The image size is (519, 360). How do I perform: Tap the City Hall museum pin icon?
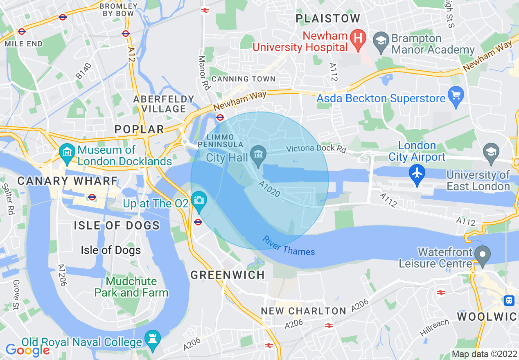click(258, 156)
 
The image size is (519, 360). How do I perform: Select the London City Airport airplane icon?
click(417, 174)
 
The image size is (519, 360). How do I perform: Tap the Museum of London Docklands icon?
click(67, 153)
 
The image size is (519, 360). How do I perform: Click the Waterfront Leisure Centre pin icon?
click(483, 254)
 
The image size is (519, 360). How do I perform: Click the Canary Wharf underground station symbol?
click(92, 197)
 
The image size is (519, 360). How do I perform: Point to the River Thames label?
click(289, 245)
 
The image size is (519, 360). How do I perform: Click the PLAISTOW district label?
click(328, 18)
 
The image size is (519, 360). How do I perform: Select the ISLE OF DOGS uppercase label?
click(117, 225)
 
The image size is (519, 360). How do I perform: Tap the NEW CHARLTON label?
click(304, 311)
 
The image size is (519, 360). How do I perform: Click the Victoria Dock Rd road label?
click(316, 148)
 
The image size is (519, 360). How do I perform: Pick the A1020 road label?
click(269, 189)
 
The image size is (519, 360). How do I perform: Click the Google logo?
click(27, 350)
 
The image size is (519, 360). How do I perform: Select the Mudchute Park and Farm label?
click(131, 287)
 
